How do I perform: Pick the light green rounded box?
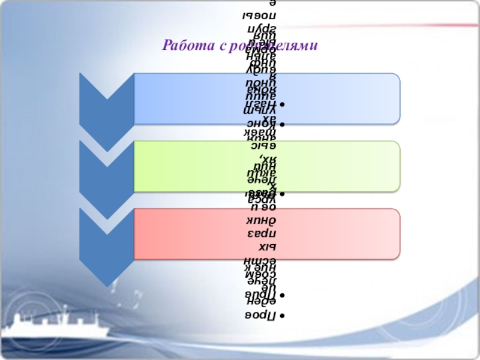coord(336,166)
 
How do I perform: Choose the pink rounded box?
coord(336,234)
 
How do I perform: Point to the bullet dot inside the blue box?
coord(283,105)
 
